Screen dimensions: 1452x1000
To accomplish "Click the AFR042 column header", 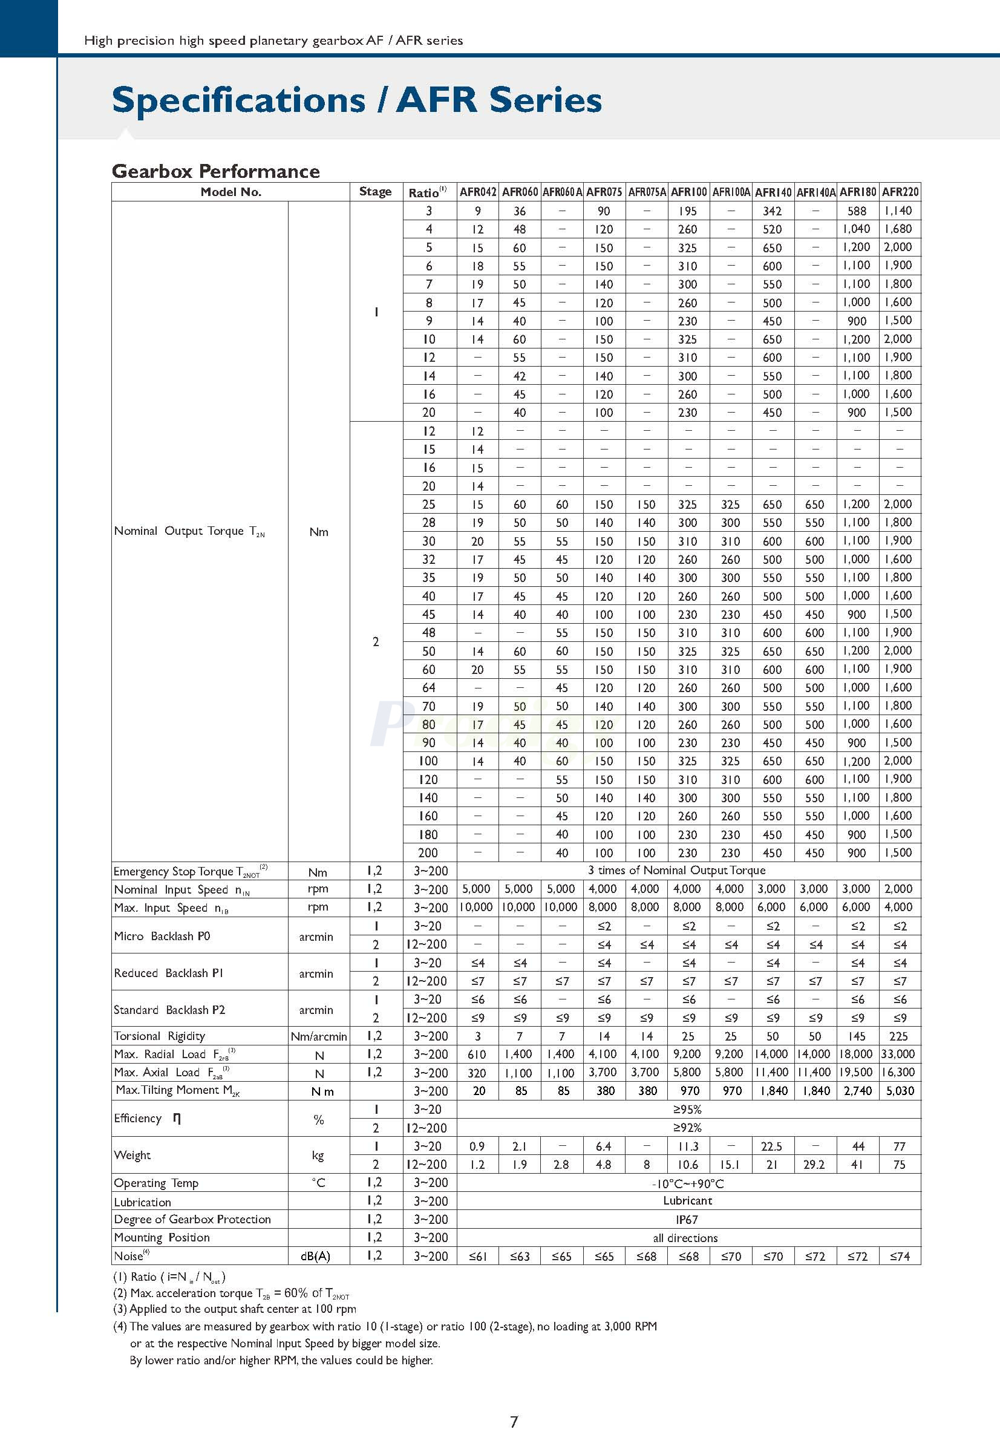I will click(x=477, y=192).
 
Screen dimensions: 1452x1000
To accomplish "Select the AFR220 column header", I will click(x=900, y=192).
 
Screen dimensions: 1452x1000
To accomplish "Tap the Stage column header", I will click(x=375, y=192).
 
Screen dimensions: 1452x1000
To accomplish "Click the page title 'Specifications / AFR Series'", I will click(x=356, y=100).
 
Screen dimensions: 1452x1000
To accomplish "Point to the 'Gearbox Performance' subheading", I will click(x=215, y=171).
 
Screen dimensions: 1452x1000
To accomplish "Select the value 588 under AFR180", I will click(x=857, y=211).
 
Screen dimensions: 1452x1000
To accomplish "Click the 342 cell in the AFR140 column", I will click(x=772, y=211).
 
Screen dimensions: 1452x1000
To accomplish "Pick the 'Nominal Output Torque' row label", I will click(x=189, y=531).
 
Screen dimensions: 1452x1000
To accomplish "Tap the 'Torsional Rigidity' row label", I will click(x=159, y=1036).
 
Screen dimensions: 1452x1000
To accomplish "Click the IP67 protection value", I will click(x=687, y=1220).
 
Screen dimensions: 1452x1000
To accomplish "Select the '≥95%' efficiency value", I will click(x=687, y=1110).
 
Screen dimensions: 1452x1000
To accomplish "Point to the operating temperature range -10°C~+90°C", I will click(x=687, y=1183).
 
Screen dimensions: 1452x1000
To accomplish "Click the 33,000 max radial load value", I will click(x=898, y=1054).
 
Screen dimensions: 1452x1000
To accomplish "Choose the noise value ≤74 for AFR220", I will click(x=900, y=1256).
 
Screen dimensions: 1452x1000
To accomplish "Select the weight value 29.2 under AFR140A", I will click(x=814, y=1165).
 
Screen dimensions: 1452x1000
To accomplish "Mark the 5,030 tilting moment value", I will click(x=900, y=1091).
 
